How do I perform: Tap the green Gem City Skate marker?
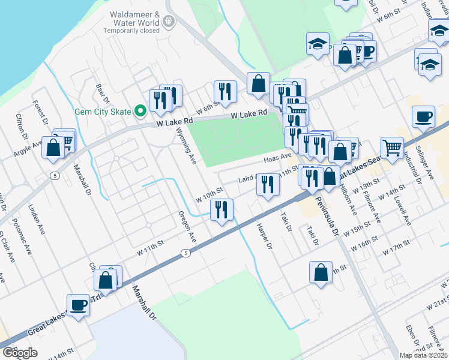click(x=141, y=111)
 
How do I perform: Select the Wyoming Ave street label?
click(x=186, y=148)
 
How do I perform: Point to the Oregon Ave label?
click(x=187, y=227)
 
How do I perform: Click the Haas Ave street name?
click(x=277, y=158)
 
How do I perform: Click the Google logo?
click(x=20, y=353)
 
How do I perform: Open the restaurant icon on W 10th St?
click(x=221, y=209)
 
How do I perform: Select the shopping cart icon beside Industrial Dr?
click(x=391, y=146)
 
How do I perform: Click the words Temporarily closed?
click(x=131, y=31)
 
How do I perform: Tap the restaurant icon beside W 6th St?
click(x=224, y=91)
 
